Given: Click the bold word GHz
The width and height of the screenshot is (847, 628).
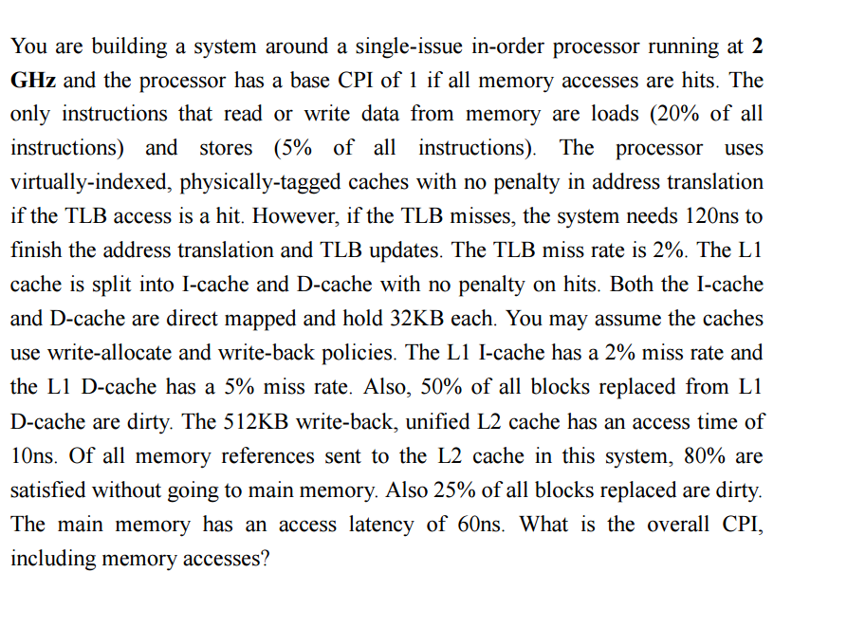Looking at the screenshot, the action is click(x=33, y=80).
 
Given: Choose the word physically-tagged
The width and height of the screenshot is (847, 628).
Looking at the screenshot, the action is click(x=261, y=183).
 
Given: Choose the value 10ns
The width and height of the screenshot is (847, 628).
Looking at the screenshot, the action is click(x=33, y=455).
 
